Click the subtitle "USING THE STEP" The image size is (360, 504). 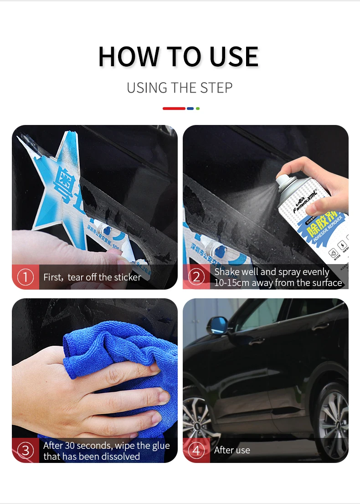tap(180, 88)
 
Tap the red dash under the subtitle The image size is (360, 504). tap(174, 109)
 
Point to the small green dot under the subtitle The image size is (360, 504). tap(198, 109)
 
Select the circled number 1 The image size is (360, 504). tap(26, 277)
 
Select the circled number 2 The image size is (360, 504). tap(196, 277)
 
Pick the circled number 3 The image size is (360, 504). tap(26, 451)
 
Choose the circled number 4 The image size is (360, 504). tap(196, 451)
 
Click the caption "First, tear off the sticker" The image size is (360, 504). tap(92, 277)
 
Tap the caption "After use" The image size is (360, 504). tap(232, 451)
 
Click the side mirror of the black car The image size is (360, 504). tap(216, 326)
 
